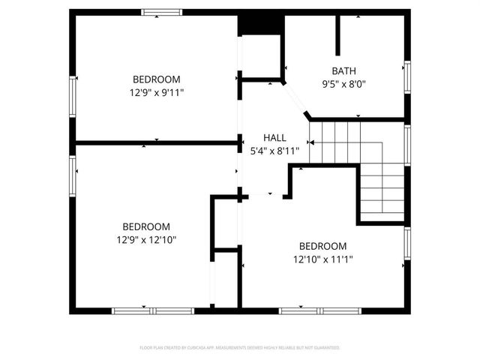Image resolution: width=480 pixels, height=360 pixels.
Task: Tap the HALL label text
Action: [x=274, y=138]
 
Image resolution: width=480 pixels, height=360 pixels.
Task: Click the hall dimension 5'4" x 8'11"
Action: [x=274, y=150]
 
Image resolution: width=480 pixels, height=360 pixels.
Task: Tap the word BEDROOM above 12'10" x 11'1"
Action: [x=322, y=246]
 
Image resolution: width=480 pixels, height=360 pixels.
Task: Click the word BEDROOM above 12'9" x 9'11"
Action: [x=157, y=79]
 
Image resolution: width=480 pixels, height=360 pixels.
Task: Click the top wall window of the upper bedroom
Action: [x=162, y=11]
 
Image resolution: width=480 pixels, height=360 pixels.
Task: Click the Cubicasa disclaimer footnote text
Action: [x=240, y=348]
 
